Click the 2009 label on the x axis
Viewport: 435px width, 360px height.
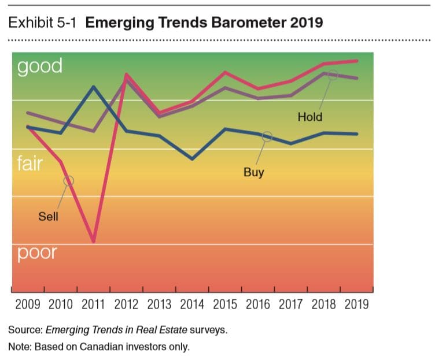point(28,304)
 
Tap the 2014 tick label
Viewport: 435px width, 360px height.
point(192,304)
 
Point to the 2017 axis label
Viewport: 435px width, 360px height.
point(291,304)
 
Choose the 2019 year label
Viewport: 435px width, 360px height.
point(356,304)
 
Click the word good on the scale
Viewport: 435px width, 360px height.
point(39,66)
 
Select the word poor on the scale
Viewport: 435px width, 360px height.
point(37,253)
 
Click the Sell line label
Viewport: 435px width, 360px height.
point(48,217)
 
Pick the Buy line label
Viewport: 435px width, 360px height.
point(253,172)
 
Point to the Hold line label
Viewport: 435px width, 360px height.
point(310,117)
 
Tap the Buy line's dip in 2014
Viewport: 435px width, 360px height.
point(192,159)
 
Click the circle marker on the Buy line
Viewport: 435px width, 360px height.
point(267,136)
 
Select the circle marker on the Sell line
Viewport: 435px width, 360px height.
point(69,180)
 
